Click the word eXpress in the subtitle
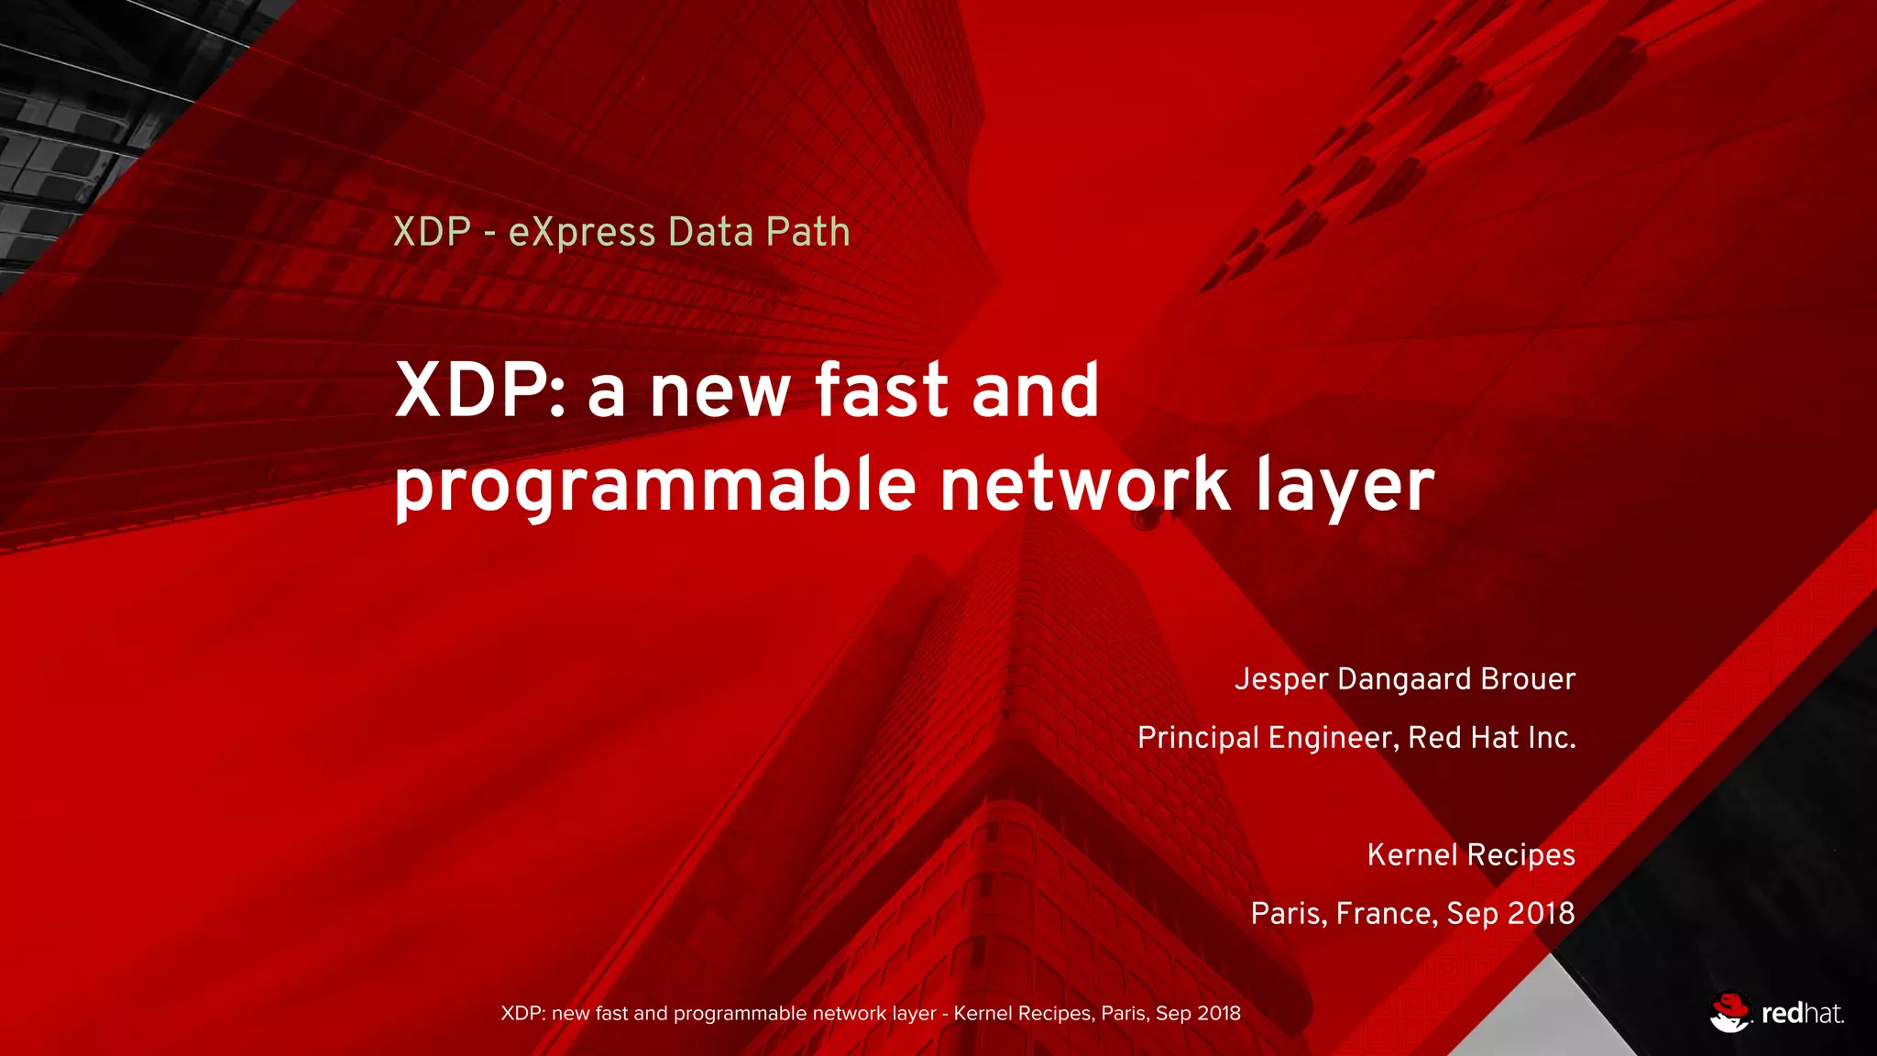[581, 232]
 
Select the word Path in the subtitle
[807, 232]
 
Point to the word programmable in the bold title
[654, 485]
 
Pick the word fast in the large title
[881, 390]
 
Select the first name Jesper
[1281, 679]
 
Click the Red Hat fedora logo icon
[1729, 1012]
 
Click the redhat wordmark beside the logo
[1802, 1014]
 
